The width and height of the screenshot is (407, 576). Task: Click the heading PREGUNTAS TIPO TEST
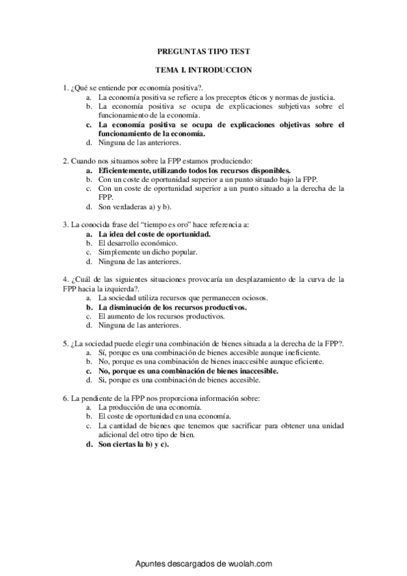pos(203,51)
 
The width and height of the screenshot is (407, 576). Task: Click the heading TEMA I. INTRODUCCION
pos(204,69)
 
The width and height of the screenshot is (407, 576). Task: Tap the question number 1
pos(64,88)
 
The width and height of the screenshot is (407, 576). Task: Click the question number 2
pos(64,161)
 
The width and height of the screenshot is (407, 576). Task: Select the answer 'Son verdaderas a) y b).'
pos(135,206)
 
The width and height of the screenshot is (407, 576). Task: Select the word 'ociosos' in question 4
pos(251,298)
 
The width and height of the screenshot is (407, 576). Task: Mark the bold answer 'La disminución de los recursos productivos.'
pos(172,307)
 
